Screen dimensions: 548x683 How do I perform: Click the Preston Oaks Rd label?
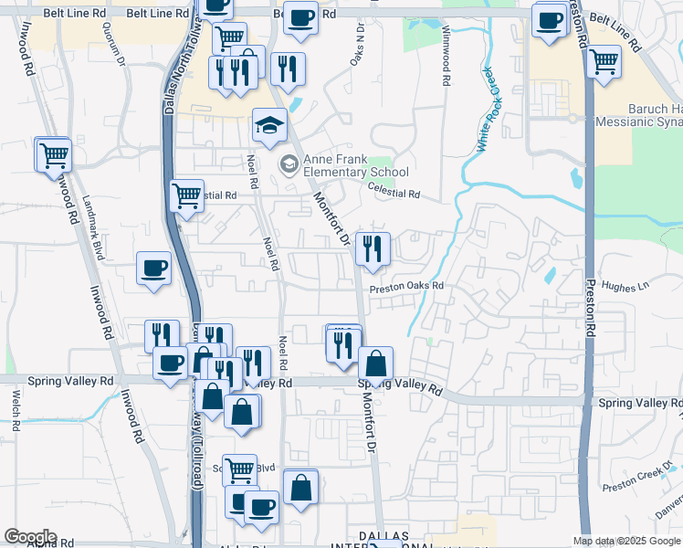(x=406, y=286)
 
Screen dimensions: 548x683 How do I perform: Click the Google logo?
(x=30, y=537)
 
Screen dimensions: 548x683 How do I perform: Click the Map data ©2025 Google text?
(x=627, y=541)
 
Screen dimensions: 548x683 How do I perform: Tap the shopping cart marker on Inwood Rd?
(x=53, y=154)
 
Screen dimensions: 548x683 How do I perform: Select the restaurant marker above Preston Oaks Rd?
(x=373, y=249)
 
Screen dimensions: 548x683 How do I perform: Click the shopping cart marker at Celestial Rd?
(x=186, y=195)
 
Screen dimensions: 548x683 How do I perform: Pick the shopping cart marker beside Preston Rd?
(x=604, y=63)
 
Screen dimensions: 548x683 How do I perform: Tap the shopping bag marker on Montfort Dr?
(x=375, y=364)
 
